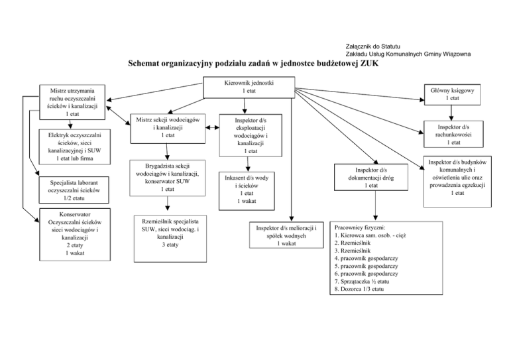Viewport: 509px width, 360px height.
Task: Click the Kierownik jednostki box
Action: (249, 86)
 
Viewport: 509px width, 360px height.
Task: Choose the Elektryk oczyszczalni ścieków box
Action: (69, 146)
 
